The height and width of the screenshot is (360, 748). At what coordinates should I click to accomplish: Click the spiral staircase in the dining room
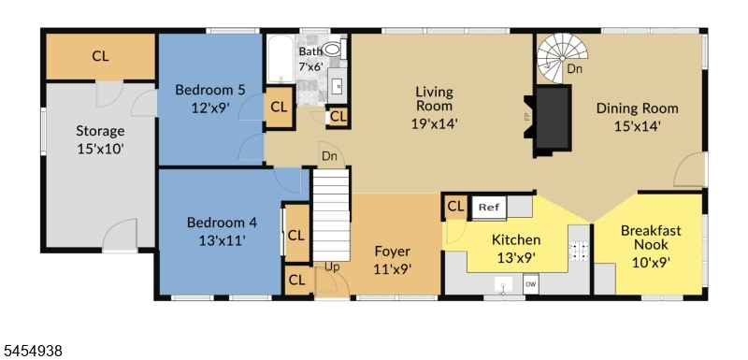[562, 58]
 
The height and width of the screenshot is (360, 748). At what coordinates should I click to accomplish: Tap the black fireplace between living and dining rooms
[553, 118]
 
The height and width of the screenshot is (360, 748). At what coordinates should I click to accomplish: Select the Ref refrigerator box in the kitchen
[489, 208]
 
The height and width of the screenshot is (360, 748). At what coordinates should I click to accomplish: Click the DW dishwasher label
[530, 284]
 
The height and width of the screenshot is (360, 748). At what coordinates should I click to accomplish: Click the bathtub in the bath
[280, 59]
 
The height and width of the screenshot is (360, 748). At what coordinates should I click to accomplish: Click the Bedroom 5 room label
[210, 90]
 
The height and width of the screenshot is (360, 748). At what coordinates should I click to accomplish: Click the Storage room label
[100, 131]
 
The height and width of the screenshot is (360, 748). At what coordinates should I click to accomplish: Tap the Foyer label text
[392, 252]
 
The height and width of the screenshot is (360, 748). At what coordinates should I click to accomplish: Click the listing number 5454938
[32, 352]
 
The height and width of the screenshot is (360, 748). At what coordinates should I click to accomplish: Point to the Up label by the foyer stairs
[333, 267]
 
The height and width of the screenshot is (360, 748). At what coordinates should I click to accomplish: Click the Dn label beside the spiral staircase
[574, 69]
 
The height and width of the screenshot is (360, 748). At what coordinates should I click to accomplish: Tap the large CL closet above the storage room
[100, 56]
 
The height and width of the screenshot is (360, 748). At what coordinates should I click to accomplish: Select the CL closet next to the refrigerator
[455, 207]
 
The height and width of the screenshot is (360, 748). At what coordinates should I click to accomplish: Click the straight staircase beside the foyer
[331, 214]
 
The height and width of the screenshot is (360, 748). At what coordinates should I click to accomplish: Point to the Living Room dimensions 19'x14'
[434, 123]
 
